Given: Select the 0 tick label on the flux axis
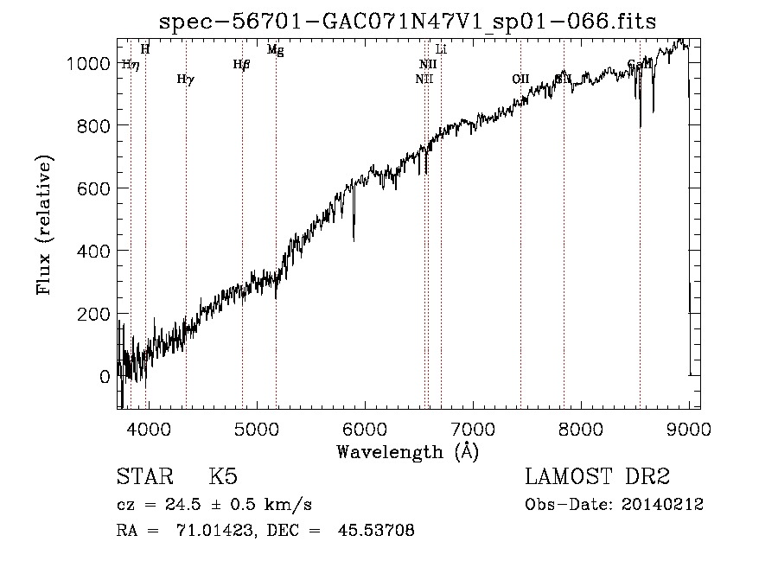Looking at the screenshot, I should [x=104, y=377].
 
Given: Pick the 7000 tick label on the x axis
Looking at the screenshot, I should [x=472, y=428].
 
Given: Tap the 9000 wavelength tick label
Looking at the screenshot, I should [x=688, y=428].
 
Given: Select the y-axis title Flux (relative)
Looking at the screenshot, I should [x=44, y=225].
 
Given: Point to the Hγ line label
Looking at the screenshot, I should [x=185, y=80].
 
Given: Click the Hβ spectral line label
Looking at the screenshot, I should [x=241, y=64].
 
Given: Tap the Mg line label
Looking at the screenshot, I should [x=275, y=50].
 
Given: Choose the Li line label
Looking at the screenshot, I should [x=441, y=50].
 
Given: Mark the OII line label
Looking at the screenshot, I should [x=520, y=79].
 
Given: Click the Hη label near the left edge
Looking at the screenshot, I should [x=130, y=64].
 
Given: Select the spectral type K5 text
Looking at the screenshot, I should [x=223, y=477].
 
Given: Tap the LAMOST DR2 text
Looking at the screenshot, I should [x=597, y=477].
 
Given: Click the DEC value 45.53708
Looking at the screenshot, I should [x=379, y=531].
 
